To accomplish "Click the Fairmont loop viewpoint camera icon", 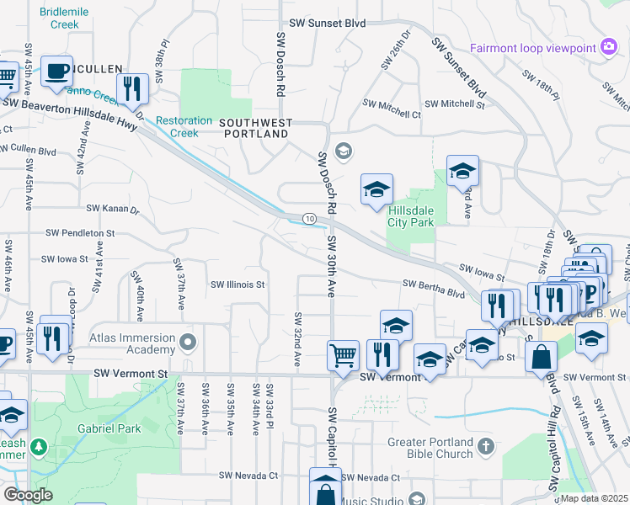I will (609, 48).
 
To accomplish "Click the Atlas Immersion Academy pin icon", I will (188, 342).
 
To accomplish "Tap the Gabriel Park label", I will (107, 428).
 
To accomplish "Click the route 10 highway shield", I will (311, 219).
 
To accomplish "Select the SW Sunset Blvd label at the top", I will (327, 24).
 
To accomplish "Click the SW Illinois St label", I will (238, 284).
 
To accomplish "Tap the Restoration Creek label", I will (177, 126).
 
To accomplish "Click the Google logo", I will (29, 495).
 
